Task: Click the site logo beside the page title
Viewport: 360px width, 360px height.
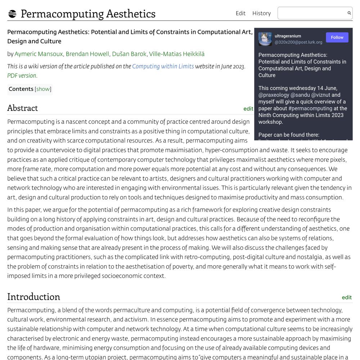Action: coord(12,14)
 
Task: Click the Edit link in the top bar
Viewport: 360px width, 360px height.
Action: coord(240,13)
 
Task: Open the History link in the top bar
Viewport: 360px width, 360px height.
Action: coord(261,13)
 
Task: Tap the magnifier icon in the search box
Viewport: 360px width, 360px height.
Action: coord(349,13)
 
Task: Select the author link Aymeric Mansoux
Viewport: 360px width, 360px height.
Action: coord(39,54)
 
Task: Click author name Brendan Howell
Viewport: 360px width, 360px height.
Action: coord(87,54)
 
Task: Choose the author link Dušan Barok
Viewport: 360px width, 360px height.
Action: coord(129,54)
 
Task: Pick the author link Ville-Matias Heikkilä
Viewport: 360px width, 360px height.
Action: coord(177,54)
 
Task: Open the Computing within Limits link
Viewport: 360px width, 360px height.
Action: coord(163,66)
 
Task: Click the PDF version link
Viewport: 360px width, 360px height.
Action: coord(22,76)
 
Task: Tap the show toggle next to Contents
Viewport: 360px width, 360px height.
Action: coord(43,89)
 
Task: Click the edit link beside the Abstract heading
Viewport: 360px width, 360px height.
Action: coord(248,109)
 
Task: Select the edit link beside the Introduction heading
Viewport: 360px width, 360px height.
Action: coord(346,297)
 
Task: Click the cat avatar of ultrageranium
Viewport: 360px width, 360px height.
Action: coord(265,39)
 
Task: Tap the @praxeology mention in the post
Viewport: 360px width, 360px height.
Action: coord(274,95)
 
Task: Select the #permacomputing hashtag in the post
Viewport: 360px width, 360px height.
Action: coord(310,108)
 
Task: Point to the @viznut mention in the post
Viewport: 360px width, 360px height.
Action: coord(320,95)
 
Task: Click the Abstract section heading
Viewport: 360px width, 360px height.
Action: coord(22,108)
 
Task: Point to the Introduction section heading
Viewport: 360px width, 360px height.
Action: coord(33,297)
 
